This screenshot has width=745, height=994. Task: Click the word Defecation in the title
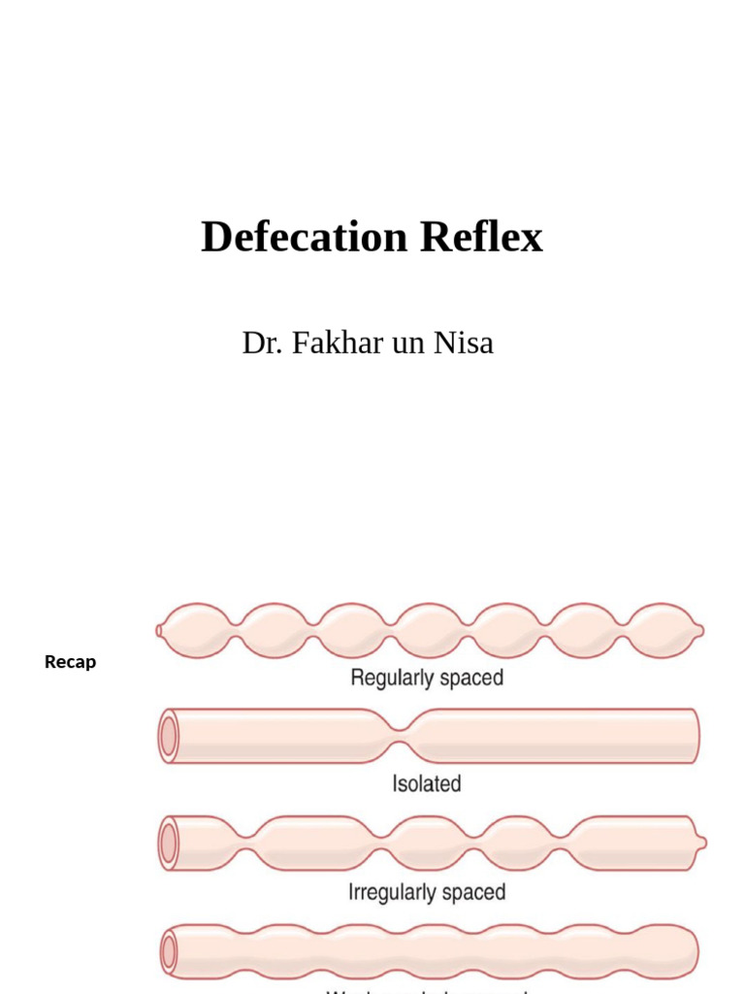tap(305, 238)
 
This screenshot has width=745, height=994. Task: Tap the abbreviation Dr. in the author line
tap(261, 343)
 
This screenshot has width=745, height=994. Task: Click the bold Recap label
tap(70, 662)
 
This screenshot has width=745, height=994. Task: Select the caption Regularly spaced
tap(427, 678)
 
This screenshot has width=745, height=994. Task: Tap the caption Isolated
tap(426, 783)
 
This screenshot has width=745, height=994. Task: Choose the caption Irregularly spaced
tap(427, 891)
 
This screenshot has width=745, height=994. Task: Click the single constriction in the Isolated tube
tap(405, 736)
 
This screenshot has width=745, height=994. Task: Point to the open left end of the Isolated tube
tap(170, 737)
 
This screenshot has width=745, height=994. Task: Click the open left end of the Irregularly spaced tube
tap(170, 844)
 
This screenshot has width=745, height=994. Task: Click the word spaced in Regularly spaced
tap(471, 678)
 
